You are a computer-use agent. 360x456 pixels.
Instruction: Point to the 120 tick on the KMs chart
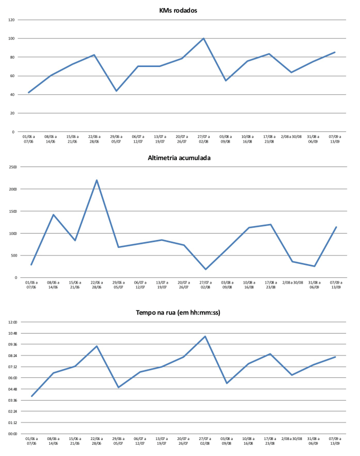11,20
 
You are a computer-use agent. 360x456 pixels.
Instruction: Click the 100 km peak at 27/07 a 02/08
203,38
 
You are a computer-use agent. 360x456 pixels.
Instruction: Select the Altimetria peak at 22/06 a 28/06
97,180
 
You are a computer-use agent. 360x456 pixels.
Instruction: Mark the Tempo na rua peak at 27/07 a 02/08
205,336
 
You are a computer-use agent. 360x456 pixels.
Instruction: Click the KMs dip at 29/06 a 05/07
116,90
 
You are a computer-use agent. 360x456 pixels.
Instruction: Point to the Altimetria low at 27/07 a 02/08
205,269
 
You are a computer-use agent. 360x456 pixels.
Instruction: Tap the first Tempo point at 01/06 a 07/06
31,396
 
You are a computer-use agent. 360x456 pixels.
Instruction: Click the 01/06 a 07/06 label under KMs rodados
29,139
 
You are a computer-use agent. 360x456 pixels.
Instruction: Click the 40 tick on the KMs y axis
12,95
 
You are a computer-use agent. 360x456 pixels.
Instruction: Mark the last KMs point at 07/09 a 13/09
335,52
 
